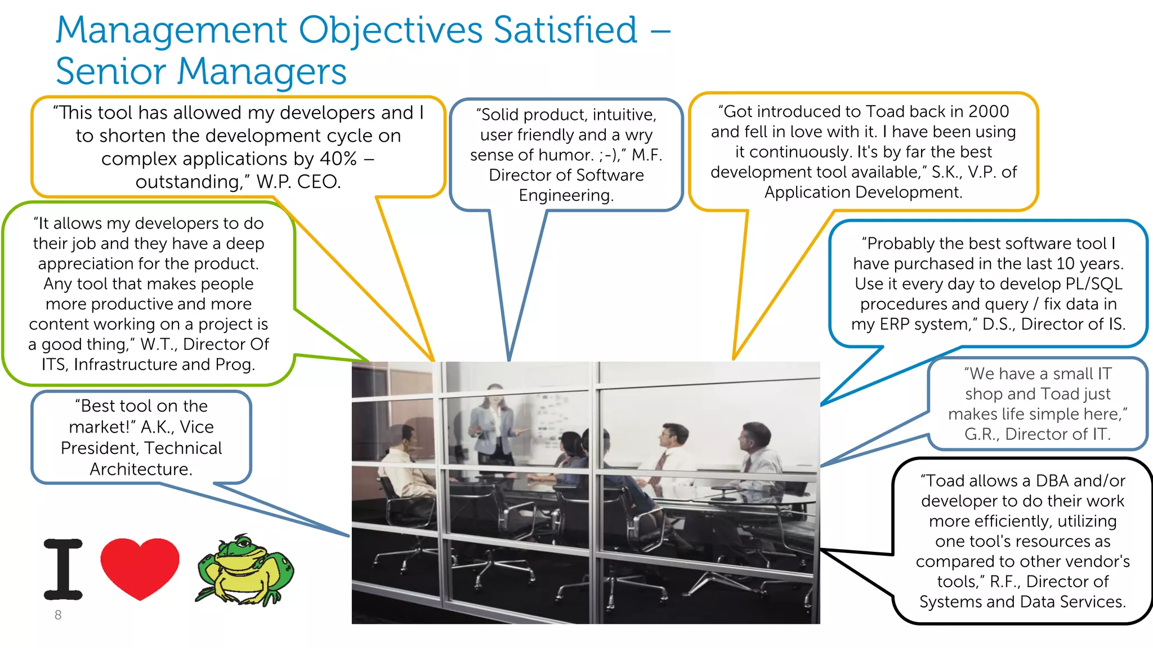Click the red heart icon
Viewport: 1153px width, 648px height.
[x=140, y=567]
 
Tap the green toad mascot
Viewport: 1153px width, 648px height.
[x=245, y=569]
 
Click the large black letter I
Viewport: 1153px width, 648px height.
[x=63, y=569]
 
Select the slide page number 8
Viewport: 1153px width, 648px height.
[x=58, y=615]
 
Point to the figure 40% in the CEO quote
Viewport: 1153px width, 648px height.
[x=338, y=159]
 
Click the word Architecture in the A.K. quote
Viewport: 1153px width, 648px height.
[x=141, y=469]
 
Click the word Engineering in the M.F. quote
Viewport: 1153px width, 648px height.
[x=566, y=195]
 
